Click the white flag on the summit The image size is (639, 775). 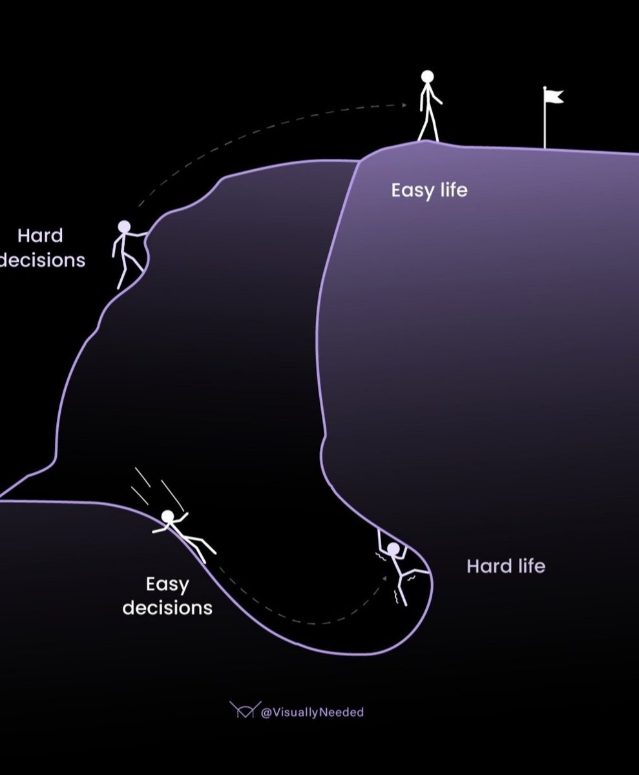coord(554,96)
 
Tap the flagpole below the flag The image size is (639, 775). coord(545,126)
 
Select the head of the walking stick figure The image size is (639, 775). coord(427,76)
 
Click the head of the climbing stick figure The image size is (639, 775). coord(124,227)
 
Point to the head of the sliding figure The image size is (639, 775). coord(167,516)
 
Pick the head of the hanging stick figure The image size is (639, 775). coord(393,549)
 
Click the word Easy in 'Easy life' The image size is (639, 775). coord(408,191)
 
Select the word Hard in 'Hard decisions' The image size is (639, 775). coord(40,235)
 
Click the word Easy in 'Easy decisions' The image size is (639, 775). coord(167,585)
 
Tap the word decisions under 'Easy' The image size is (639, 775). coord(167,608)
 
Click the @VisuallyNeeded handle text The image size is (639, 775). coord(312,712)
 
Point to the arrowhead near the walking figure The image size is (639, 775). coord(403,105)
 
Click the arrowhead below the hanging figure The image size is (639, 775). coord(386,577)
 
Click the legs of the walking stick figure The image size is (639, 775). coord(428,127)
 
